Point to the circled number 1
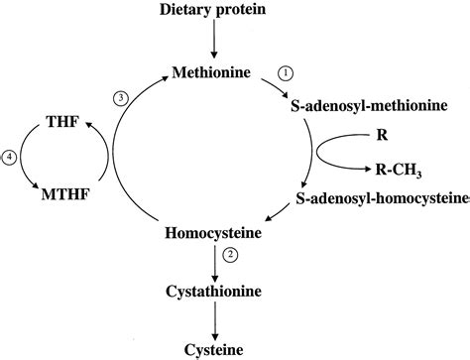[286, 72]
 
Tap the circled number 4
[10, 157]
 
